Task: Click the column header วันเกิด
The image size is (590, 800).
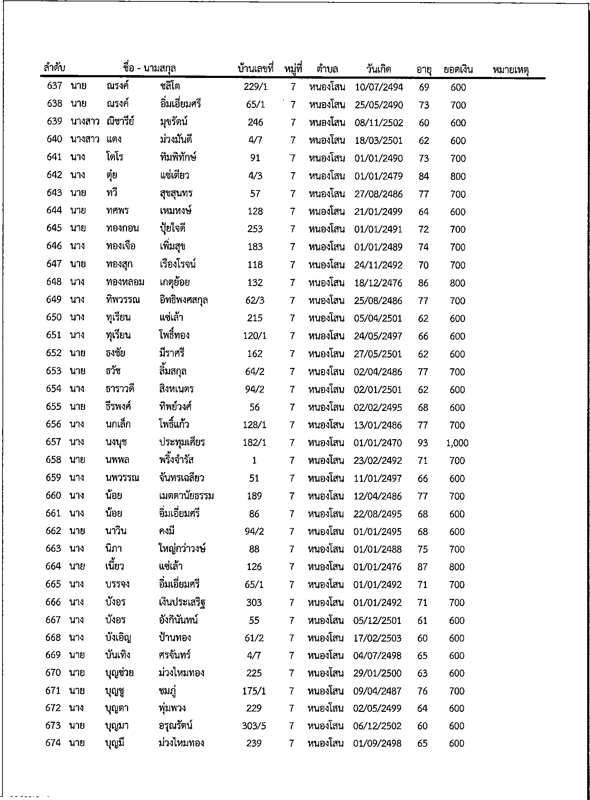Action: click(379, 69)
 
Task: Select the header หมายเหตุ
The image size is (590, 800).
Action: click(510, 69)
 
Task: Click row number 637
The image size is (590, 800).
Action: click(55, 86)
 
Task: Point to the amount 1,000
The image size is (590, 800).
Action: click(457, 443)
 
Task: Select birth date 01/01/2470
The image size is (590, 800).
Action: click(378, 443)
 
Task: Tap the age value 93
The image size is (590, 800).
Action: click(423, 443)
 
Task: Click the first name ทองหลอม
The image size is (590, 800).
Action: click(125, 283)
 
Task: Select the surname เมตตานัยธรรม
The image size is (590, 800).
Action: click(186, 496)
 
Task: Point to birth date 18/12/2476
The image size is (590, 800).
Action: click(378, 283)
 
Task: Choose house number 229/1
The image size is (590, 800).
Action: click(256, 87)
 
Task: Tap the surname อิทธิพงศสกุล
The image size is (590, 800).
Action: click(183, 300)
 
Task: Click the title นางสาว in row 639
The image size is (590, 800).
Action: click(85, 122)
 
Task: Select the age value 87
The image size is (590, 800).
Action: click(422, 567)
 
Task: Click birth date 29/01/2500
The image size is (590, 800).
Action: click(378, 673)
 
